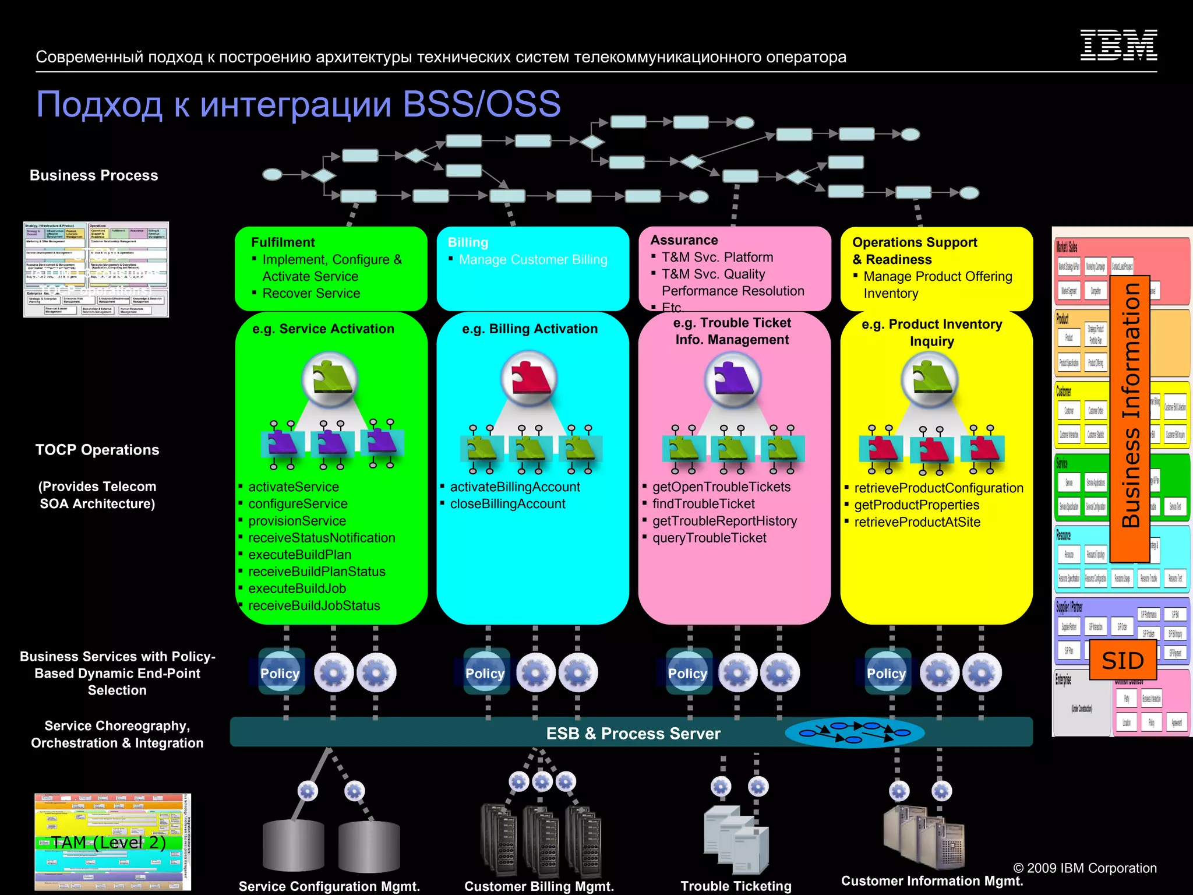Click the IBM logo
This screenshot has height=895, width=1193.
point(1118,45)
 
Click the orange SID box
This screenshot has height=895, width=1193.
point(1123,660)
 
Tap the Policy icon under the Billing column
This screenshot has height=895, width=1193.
point(485,673)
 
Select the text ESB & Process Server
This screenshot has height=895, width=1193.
point(633,733)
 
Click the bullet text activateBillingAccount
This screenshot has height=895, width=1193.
point(515,487)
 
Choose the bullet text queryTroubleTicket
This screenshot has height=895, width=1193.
point(709,538)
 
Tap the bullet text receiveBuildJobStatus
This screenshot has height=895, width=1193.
point(314,605)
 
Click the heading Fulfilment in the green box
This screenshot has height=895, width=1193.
point(283,242)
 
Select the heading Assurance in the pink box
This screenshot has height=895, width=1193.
point(684,240)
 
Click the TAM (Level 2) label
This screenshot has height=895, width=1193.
point(108,842)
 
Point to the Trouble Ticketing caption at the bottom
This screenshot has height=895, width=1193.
point(736,886)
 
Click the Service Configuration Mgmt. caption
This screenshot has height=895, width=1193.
point(329,886)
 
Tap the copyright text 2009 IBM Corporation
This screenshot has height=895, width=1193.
point(1085,868)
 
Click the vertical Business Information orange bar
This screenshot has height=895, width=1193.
point(1130,408)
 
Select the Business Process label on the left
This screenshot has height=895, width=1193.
point(94,175)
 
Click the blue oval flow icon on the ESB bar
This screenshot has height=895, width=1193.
point(854,733)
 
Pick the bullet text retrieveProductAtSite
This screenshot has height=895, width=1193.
point(917,522)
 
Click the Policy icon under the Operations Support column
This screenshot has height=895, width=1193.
point(886,673)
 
